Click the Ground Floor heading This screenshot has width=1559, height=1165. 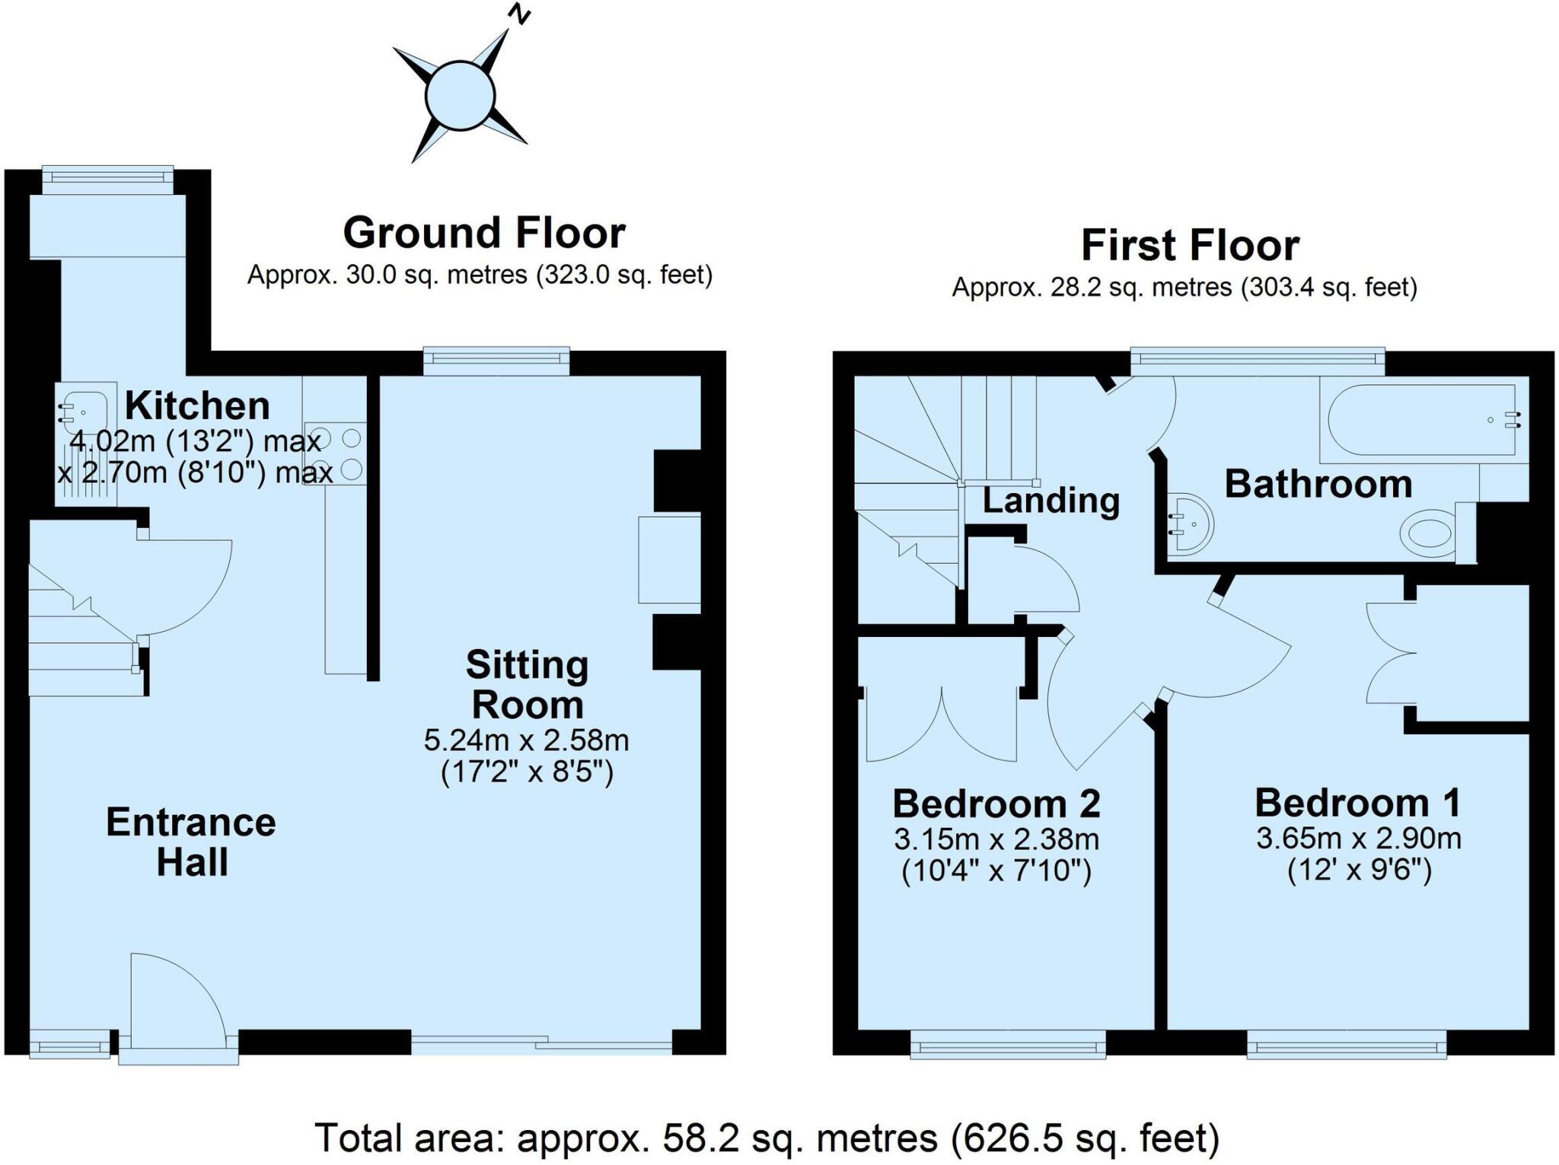(484, 232)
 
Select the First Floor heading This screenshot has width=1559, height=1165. (1190, 246)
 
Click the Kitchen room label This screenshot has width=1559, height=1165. (197, 406)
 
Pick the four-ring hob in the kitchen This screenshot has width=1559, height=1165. (335, 454)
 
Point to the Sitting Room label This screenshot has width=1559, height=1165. (527, 685)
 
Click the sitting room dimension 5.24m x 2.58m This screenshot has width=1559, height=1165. (526, 740)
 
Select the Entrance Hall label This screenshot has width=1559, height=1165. (191, 842)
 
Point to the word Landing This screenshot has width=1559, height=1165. (1050, 501)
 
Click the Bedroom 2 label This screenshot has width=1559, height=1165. (996, 804)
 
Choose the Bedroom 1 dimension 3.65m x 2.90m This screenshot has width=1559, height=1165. (1358, 839)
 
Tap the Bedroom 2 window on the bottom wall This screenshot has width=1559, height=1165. (1008, 1044)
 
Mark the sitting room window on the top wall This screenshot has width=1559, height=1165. (496, 361)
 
